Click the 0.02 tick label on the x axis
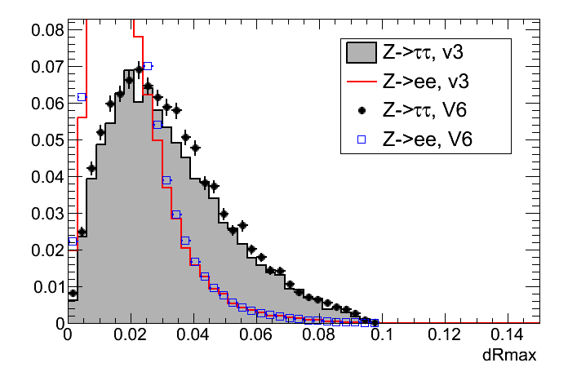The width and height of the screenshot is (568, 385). click(131, 335)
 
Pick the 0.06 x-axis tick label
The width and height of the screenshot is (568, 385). click(256, 335)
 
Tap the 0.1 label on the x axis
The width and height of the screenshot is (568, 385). click(382, 335)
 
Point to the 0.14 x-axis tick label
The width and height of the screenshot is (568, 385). click(508, 335)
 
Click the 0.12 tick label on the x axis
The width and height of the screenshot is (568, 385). click(445, 335)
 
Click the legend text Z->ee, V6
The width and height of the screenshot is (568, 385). click(427, 139)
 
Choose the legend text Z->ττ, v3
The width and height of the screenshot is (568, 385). click(427, 54)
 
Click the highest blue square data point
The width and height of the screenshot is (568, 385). click(148, 66)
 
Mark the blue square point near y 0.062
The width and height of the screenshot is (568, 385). click(82, 97)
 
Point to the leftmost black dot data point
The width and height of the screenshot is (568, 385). click(73, 294)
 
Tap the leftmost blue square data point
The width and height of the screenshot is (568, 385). click(72, 241)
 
